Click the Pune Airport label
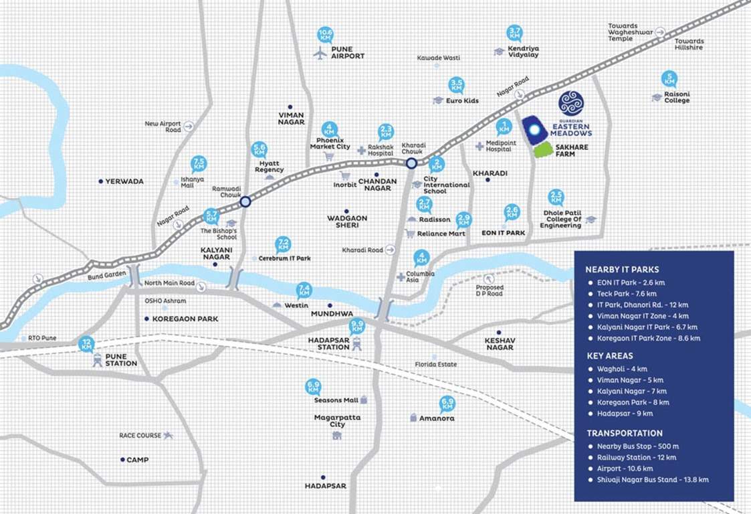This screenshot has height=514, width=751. (x=348, y=53)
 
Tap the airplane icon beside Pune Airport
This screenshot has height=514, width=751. (x=320, y=53)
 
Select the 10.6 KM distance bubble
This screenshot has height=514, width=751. (x=326, y=34)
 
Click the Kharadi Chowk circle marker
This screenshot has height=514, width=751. (x=411, y=162)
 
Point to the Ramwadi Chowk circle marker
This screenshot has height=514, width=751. (x=245, y=201)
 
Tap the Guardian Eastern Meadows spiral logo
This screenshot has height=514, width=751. (x=571, y=103)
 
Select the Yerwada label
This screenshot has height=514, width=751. (x=124, y=181)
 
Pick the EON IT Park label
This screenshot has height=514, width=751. (x=504, y=233)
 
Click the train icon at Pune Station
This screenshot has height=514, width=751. (x=98, y=359)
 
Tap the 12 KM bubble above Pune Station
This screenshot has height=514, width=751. (x=86, y=344)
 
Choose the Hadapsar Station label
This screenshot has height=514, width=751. (x=329, y=343)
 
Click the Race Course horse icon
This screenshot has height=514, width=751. (x=167, y=435)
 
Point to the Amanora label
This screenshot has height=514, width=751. (x=437, y=418)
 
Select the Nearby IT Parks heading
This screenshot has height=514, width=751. (x=622, y=270)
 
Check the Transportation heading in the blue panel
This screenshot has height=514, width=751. (x=625, y=433)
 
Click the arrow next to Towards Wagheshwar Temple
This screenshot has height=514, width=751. (x=660, y=31)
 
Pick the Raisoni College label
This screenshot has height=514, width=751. (x=676, y=98)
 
